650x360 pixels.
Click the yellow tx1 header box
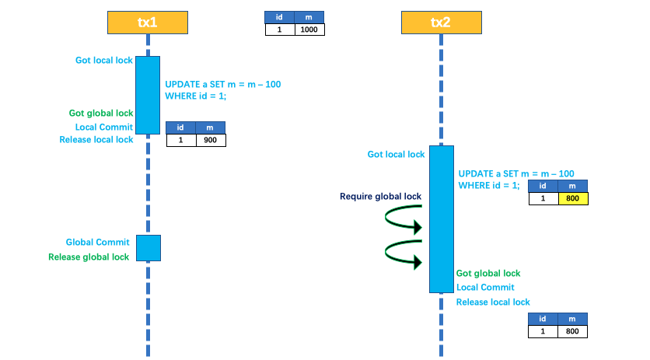coord(147,23)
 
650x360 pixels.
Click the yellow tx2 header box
coord(441,23)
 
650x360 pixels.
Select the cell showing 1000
coord(309,29)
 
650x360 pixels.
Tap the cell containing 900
coord(210,141)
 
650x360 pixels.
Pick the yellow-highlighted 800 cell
coord(572,198)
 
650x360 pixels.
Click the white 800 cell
coord(572,331)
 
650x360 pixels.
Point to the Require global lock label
coord(380,197)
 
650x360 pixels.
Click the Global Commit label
coord(97,242)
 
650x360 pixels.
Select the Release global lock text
coord(89,257)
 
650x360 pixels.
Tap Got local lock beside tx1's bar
coord(103,60)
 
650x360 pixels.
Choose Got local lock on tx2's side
coord(396,154)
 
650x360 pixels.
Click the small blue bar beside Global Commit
coord(149,248)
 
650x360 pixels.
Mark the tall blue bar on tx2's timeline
coord(441,218)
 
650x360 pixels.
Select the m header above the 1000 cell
coord(309,16)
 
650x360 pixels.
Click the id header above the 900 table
coord(180,128)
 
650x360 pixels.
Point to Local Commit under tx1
coord(104,127)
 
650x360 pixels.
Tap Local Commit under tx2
coord(485,287)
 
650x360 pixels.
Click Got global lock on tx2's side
coord(487,273)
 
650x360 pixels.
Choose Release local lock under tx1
coord(96,140)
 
